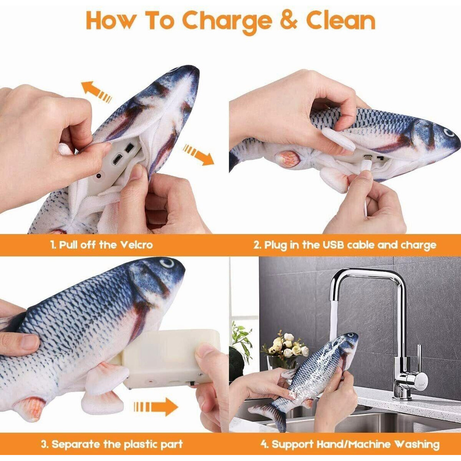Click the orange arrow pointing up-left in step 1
[x=96, y=91]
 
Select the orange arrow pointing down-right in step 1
[x=198, y=154]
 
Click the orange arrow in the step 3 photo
[x=156, y=407]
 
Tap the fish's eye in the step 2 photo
[x=449, y=133]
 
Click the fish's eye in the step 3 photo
[x=167, y=263]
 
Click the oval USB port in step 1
[x=117, y=159]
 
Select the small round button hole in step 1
[x=99, y=176]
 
